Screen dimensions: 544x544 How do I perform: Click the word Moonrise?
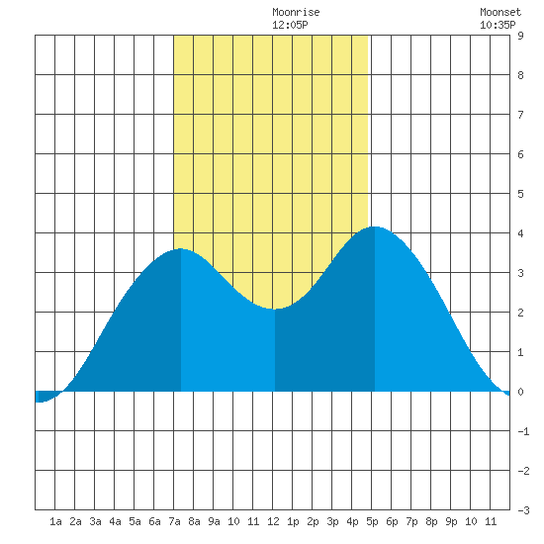(296, 12)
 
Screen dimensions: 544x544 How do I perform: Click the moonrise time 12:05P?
(290, 25)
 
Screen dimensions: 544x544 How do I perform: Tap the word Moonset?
(500, 12)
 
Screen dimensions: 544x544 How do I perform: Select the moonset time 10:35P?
(498, 25)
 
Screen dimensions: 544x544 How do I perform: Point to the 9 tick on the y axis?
(520, 36)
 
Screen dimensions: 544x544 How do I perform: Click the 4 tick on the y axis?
(520, 233)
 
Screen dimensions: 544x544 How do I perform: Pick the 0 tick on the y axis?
(520, 392)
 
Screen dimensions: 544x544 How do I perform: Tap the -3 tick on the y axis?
(523, 510)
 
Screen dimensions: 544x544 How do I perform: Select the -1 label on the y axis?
(523, 431)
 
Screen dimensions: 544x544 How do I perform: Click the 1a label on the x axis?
(55, 521)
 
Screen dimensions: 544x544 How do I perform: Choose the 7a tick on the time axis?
(174, 521)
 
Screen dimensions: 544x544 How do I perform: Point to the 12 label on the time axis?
(273, 521)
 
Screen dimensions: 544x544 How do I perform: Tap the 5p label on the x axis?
(372, 521)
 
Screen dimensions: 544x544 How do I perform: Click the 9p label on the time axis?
(451, 521)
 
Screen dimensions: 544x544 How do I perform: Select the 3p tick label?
(332, 521)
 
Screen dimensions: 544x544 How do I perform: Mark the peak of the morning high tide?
(180, 248)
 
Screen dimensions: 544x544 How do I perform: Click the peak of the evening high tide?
(375, 227)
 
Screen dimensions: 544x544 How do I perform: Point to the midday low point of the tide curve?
(274, 309)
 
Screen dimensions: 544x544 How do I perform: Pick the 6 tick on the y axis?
(520, 154)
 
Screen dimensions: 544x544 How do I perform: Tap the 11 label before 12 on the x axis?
(253, 521)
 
